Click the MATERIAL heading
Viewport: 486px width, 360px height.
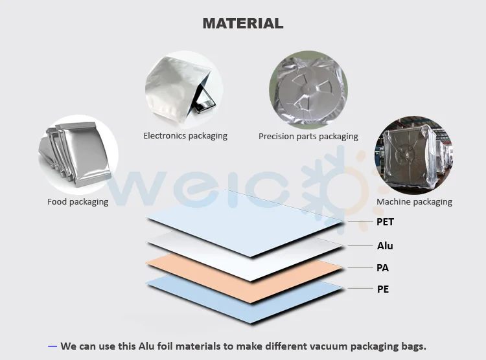[243, 23]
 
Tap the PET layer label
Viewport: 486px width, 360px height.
[385, 222]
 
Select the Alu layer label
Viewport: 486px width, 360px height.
[385, 246]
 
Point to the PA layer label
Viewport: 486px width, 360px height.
[383, 267]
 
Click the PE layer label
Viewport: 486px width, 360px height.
[383, 289]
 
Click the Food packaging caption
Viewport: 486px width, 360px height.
[78, 202]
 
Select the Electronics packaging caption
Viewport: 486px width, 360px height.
[185, 136]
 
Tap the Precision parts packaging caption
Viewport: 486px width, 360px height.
[308, 137]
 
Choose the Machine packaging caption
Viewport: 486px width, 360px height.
[414, 202]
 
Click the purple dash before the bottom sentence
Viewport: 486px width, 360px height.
[52, 346]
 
